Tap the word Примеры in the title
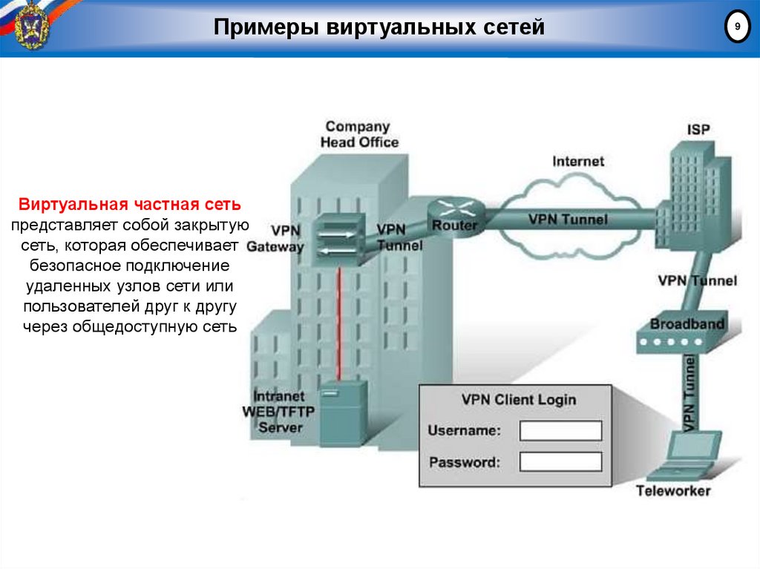pyautogui.click(x=257, y=27)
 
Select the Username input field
pyautogui.click(x=560, y=430)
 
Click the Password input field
pyautogui.click(x=560, y=461)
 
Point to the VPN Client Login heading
pyautogui.click(x=518, y=399)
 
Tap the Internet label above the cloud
pyautogui.click(x=578, y=161)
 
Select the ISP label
pyautogui.click(x=698, y=129)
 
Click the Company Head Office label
pyautogui.click(x=358, y=134)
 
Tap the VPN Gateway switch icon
pyautogui.click(x=338, y=237)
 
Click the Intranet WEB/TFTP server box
pyautogui.click(x=343, y=412)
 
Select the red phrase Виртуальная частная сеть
pyautogui.click(x=130, y=203)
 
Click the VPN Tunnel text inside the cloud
pyautogui.click(x=567, y=220)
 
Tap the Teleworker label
pyautogui.click(x=672, y=490)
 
